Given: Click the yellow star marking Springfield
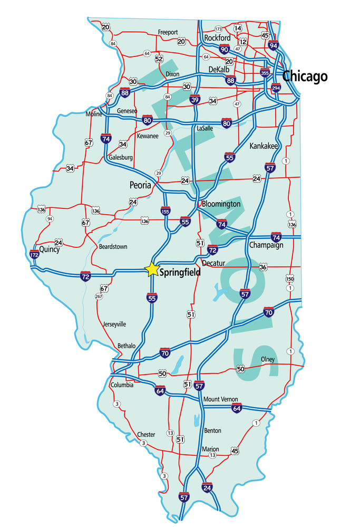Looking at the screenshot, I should pos(152,269).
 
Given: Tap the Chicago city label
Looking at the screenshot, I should pos(305,76).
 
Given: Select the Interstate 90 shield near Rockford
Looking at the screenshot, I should pos(224,49).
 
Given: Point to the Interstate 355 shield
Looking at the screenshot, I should pos(265,73).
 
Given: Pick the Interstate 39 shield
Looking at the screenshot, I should pos(194,100).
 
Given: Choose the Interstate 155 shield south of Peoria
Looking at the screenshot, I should pos(166,210).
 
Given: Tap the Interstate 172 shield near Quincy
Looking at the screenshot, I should pos(35,255).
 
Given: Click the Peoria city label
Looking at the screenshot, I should pos(140,185).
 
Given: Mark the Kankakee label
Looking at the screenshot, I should pos(264,146).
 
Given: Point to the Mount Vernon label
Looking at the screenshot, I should pos(220,399).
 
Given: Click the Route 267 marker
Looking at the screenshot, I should pos(99,296).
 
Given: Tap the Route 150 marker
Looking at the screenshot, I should pos(289,279).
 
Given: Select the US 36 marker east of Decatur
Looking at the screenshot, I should pos(262,267).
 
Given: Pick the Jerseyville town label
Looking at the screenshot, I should pos(114,324).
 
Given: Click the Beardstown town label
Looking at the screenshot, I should pos(113,246).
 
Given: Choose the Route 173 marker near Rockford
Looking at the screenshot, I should pos(218,28).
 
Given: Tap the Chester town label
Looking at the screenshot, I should pos(146,435).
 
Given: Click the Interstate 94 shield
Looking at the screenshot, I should pos(273,45).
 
